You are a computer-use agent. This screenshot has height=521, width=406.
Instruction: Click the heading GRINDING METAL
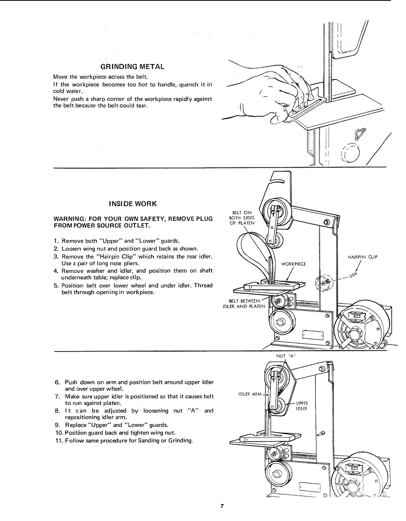132,67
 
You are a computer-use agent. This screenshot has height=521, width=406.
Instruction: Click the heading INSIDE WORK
132,203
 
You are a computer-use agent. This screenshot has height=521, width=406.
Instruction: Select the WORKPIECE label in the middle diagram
293,264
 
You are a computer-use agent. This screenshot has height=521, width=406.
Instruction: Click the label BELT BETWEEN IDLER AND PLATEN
244,304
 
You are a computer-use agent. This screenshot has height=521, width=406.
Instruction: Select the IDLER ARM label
250,394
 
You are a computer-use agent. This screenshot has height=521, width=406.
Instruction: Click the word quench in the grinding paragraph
189,84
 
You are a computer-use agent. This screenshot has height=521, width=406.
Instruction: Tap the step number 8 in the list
56,411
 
